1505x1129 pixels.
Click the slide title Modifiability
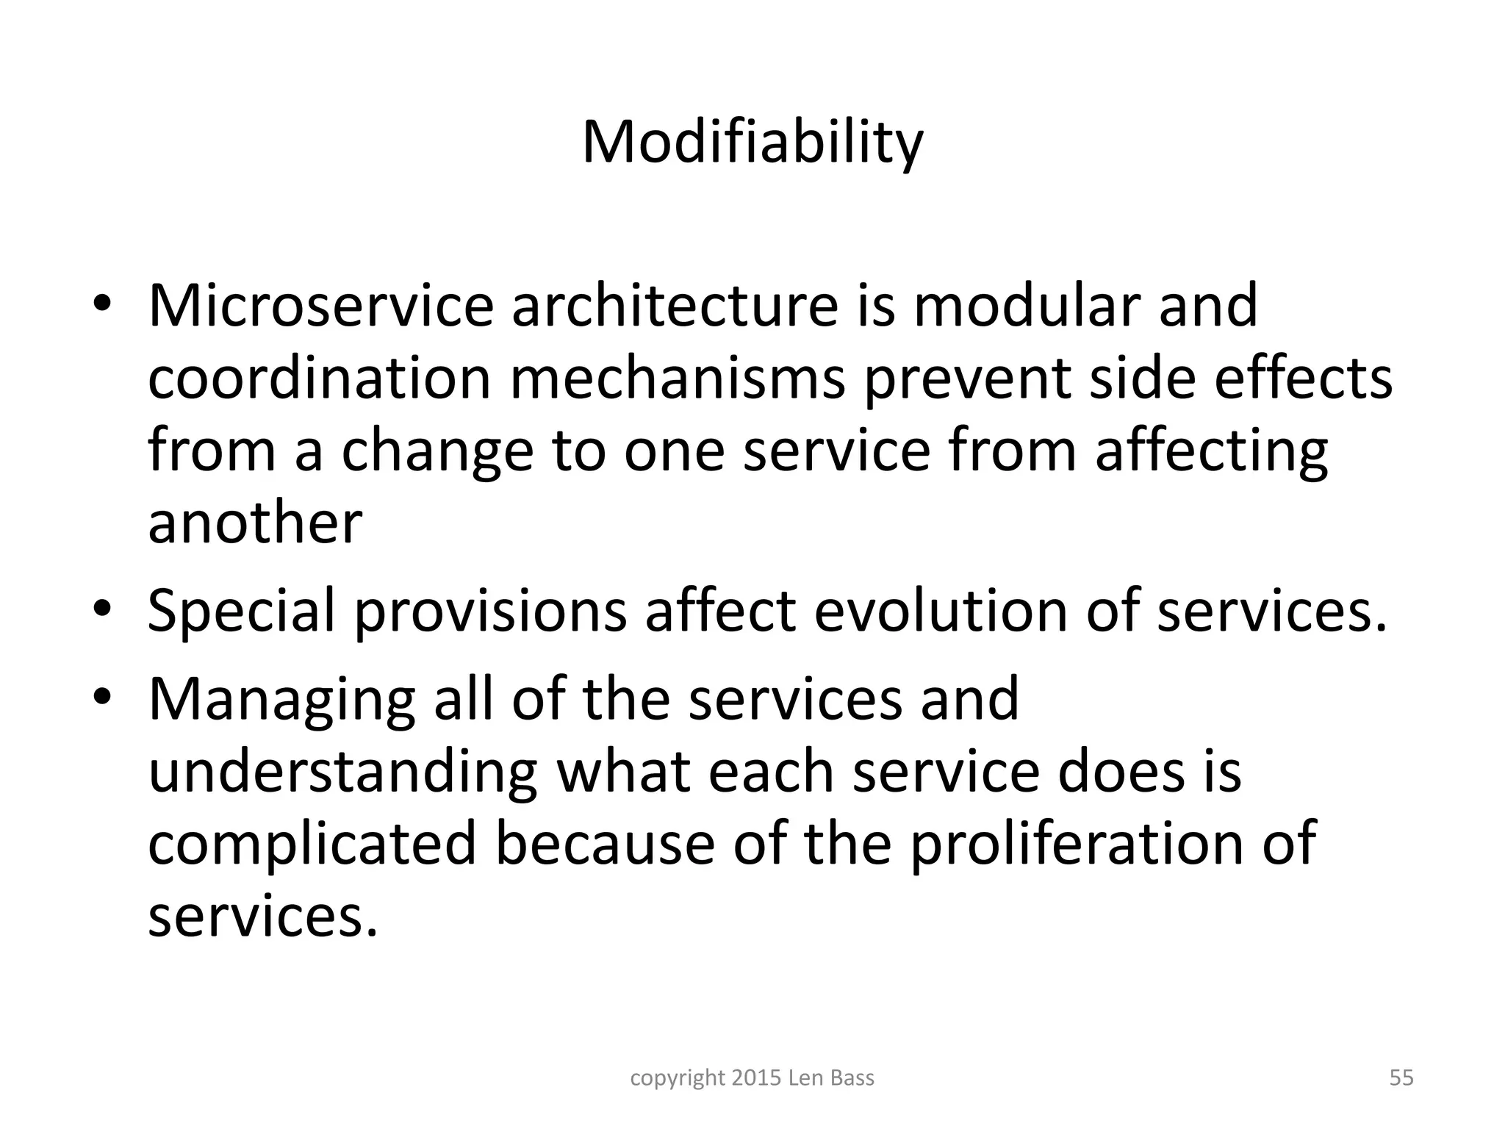coord(752,143)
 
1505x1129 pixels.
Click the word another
coord(255,523)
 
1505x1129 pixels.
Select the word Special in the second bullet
coord(241,612)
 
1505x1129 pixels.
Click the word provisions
coord(490,612)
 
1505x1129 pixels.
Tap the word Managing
coord(281,700)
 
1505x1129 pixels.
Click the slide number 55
coord(1401,1078)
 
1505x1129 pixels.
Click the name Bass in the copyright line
coord(852,1078)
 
